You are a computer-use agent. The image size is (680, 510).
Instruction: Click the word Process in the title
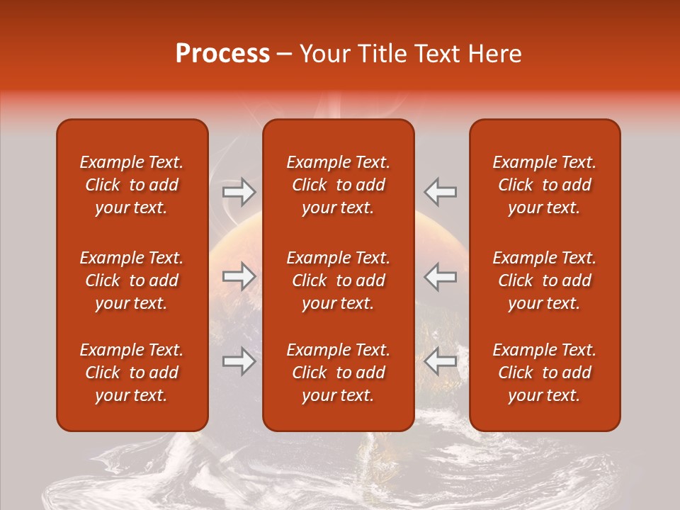click(x=222, y=54)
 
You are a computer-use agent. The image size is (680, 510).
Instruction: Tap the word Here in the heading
click(x=495, y=54)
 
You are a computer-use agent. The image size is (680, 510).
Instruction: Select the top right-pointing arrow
click(x=239, y=192)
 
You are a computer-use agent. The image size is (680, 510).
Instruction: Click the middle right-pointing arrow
click(x=239, y=277)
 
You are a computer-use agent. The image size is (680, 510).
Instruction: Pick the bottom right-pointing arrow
click(x=239, y=362)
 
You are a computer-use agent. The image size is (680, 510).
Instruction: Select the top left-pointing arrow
click(x=441, y=192)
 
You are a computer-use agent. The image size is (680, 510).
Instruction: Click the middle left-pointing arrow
click(x=441, y=277)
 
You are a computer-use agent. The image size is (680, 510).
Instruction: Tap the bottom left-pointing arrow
click(x=441, y=362)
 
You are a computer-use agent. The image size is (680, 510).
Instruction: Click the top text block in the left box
click(x=132, y=185)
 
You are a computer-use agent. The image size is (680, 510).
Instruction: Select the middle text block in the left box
click(x=132, y=280)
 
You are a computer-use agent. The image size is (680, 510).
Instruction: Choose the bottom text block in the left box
click(x=132, y=373)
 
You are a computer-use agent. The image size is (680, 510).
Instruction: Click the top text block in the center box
click(x=338, y=185)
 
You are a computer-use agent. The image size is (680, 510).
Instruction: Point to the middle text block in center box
click(x=338, y=280)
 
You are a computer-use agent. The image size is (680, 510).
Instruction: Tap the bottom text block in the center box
click(x=338, y=373)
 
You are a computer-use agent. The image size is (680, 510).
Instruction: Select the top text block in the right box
click(x=544, y=185)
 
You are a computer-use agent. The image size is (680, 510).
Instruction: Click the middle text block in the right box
click(x=544, y=280)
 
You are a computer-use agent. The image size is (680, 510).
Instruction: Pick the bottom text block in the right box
click(x=544, y=373)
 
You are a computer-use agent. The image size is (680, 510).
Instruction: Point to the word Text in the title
click(x=439, y=54)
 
